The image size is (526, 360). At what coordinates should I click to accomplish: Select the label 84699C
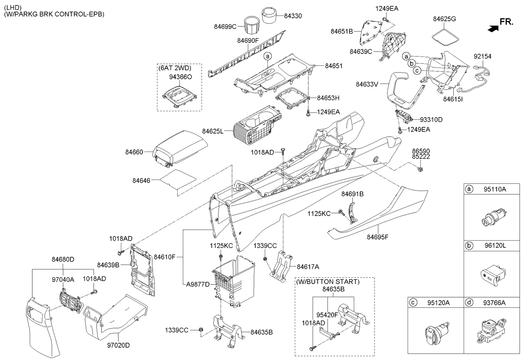[225, 26]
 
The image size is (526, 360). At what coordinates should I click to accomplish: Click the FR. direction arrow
[492, 28]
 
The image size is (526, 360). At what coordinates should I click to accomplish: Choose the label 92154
[483, 56]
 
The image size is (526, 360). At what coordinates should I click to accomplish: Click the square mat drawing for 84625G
[445, 34]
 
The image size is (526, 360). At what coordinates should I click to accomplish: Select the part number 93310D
[431, 120]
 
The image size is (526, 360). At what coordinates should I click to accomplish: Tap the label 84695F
[378, 237]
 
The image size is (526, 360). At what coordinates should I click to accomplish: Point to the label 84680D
[63, 259]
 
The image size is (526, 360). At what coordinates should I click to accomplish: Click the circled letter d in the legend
[469, 302]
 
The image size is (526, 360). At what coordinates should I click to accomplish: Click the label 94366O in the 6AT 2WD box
[181, 78]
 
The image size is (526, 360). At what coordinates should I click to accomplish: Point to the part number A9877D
[198, 284]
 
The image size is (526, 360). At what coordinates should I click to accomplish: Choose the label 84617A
[308, 267]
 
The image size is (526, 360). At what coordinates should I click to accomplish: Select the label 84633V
[367, 84]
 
